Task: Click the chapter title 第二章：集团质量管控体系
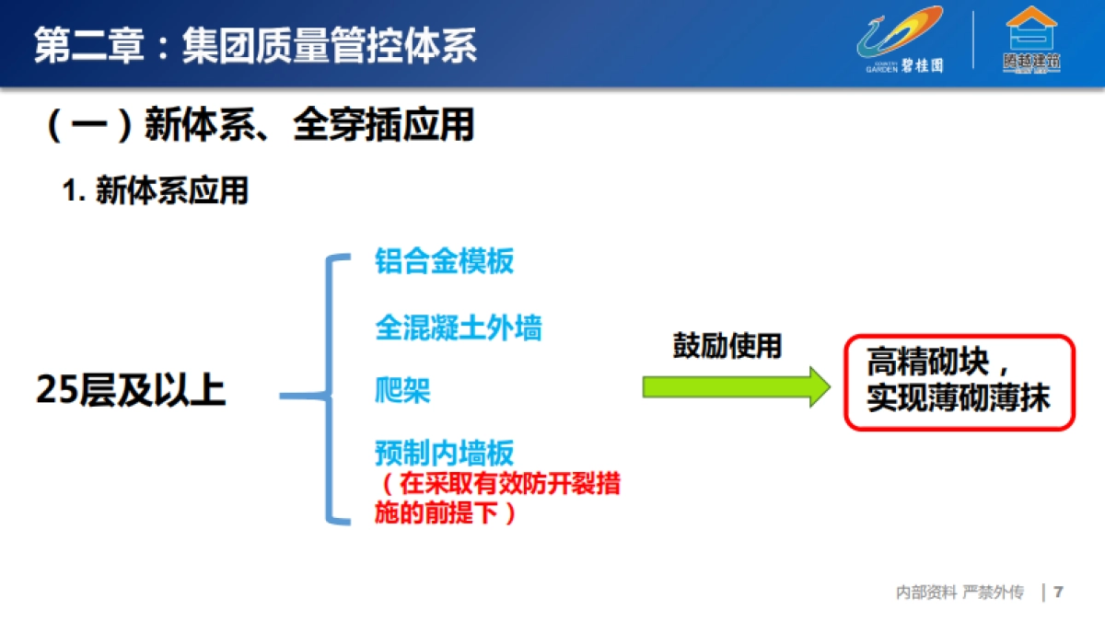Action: [256, 45]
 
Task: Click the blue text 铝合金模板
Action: [444, 261]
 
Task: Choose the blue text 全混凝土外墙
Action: [458, 328]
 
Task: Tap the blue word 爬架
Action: [402, 391]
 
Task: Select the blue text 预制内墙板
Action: [444, 453]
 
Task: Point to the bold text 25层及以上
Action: [131, 391]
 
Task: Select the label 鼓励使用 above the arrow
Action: [727, 346]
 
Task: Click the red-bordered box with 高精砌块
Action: [959, 382]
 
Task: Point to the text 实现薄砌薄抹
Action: [958, 399]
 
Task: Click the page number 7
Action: [1059, 592]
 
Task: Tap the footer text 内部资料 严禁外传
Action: [960, 592]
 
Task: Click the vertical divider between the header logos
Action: [973, 40]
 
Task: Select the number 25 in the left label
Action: [57, 391]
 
